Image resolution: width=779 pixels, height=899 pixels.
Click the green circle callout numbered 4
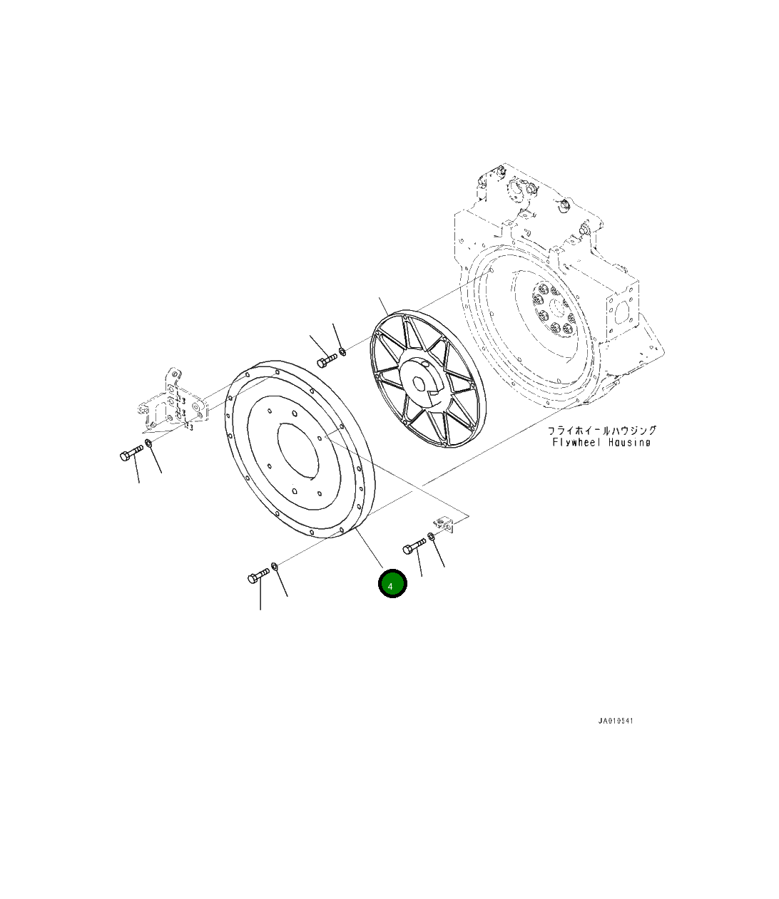point(392,583)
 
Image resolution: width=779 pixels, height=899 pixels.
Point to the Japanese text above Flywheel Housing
point(602,431)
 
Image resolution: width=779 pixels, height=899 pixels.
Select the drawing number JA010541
point(616,721)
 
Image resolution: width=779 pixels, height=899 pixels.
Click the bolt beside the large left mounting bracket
point(131,453)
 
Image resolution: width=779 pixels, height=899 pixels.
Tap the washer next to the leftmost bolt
point(148,443)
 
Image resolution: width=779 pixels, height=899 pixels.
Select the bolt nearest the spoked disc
point(327,361)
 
